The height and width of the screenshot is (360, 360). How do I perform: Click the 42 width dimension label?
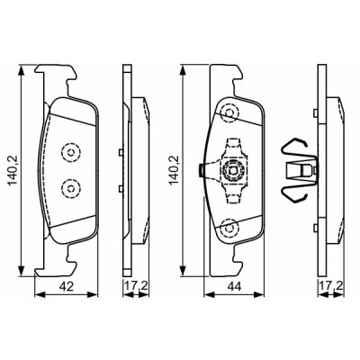pos(67,287)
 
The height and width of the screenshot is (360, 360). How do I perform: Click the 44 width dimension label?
pos(234,287)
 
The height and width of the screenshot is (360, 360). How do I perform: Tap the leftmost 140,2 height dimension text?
pos(13,171)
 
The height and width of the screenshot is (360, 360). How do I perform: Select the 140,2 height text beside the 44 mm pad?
pos(175,170)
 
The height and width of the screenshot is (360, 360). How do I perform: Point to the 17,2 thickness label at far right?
pos(331,285)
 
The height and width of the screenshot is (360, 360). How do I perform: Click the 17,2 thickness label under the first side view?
pos(137,285)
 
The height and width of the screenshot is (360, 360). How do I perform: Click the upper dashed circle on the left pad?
pos(71,153)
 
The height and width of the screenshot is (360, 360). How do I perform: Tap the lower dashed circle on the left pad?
pos(71,189)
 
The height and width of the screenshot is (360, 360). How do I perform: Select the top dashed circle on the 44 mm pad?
pos(230,113)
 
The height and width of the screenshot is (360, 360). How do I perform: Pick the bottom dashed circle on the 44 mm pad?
pos(230,228)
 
